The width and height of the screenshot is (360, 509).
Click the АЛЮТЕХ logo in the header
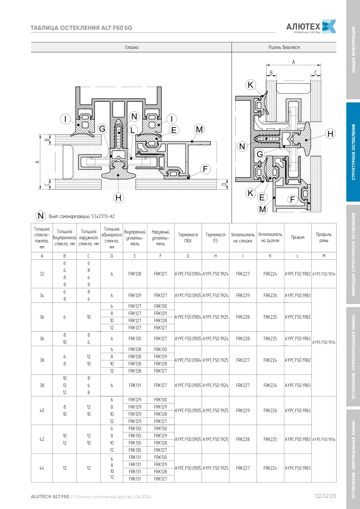click(311, 27)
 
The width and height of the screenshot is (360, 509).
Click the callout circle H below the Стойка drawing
click(118, 198)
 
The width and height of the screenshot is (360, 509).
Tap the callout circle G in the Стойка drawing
click(102, 129)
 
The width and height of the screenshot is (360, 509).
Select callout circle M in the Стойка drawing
click(199, 129)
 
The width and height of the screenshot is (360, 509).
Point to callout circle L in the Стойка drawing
click(132, 130)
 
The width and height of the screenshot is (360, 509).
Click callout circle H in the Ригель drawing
click(330, 133)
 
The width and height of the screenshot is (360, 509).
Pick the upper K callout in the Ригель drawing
click(251, 85)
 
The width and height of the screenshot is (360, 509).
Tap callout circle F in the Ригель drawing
click(292, 200)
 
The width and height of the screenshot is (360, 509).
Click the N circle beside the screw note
click(41, 216)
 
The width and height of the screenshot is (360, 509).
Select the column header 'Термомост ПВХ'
click(188, 238)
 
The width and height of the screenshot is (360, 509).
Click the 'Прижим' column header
click(297, 237)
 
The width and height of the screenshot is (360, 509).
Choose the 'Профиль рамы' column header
click(324, 237)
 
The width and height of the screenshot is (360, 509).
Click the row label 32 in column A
click(42, 274)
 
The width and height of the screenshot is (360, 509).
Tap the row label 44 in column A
click(42, 468)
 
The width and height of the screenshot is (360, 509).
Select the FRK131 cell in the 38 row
click(135, 385)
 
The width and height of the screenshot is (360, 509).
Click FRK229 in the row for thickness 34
click(243, 295)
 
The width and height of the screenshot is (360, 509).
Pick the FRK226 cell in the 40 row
click(270, 410)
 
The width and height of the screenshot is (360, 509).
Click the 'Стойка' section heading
click(132, 47)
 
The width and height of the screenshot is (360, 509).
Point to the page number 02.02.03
click(325, 496)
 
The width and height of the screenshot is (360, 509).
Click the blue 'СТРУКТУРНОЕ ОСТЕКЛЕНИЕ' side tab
click(353, 152)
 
